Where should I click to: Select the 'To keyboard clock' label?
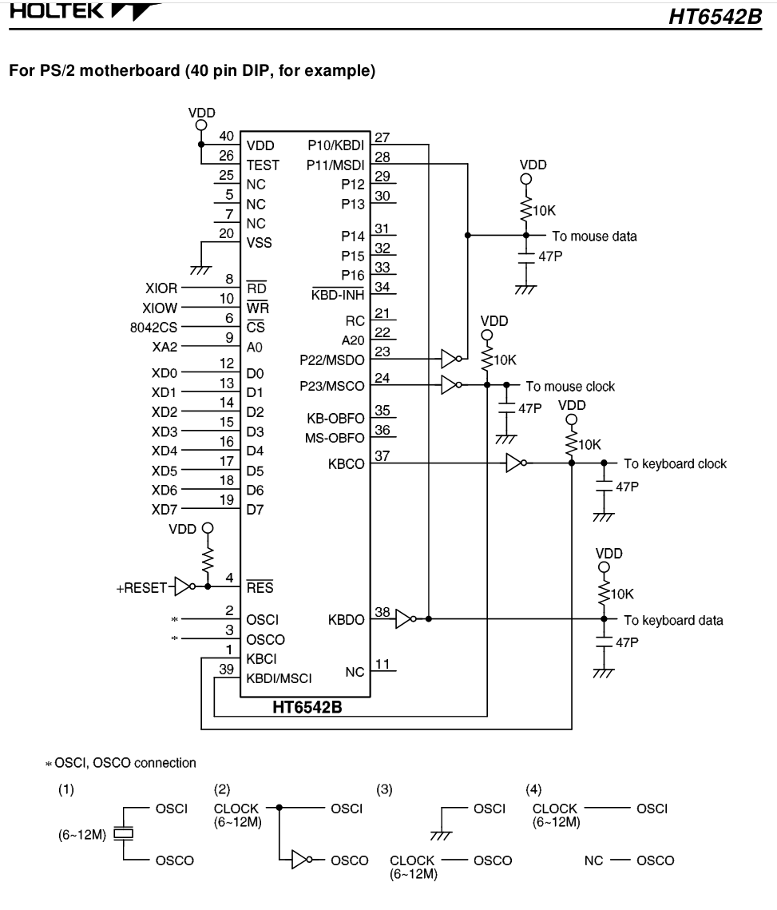pos(675,463)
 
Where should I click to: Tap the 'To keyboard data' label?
pos(673,619)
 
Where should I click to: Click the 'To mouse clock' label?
pos(569,387)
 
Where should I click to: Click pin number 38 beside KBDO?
pos(383,611)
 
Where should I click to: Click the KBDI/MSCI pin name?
pos(279,679)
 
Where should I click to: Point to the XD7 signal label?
pos(165,509)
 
